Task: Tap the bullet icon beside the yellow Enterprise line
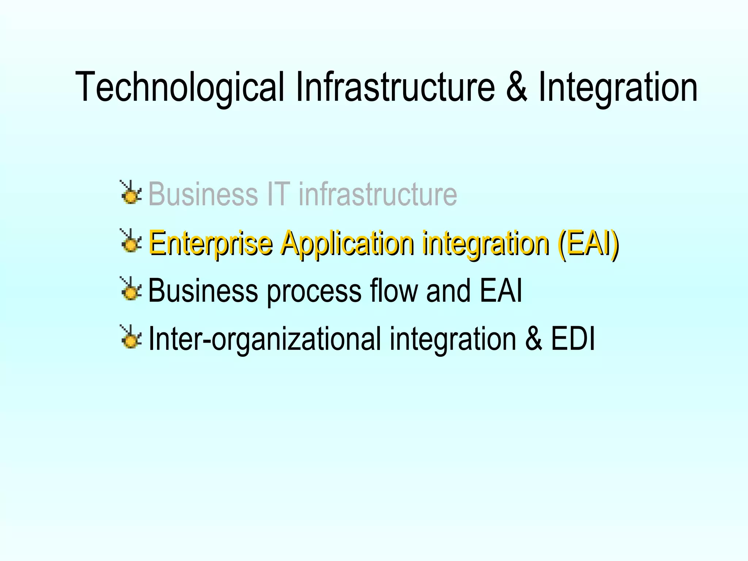pyautogui.click(x=131, y=241)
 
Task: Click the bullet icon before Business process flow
pyautogui.click(x=131, y=289)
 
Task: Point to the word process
pyautogui.click(x=314, y=291)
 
